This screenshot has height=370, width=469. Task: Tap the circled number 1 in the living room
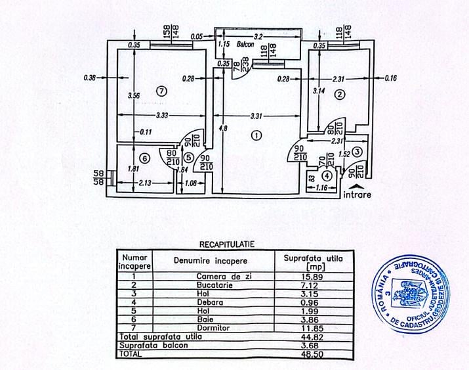256,136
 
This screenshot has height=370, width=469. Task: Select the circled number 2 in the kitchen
339,95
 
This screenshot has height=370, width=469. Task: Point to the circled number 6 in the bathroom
145,158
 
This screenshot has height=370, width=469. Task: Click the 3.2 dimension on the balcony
258,36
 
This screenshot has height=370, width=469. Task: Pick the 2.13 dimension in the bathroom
146,183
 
